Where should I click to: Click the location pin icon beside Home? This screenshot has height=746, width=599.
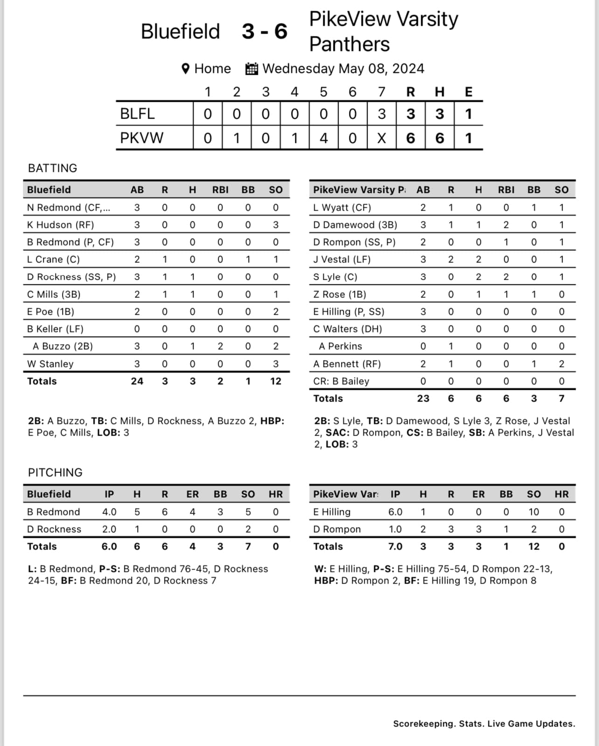pyautogui.click(x=185, y=69)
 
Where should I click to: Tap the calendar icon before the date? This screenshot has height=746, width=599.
pyautogui.click(x=251, y=69)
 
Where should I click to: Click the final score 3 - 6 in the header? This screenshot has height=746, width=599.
pyautogui.click(x=265, y=32)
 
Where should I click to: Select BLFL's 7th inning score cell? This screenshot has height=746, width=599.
pyautogui.click(x=382, y=114)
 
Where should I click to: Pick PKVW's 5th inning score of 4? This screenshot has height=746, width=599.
pyautogui.click(x=323, y=138)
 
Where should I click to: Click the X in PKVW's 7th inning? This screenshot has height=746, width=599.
pyautogui.click(x=382, y=138)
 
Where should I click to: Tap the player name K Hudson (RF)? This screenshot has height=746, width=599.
pyautogui.click(x=60, y=225)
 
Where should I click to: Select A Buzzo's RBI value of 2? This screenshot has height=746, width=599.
pyautogui.click(x=220, y=346)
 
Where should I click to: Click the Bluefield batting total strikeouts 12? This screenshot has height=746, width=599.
pyautogui.click(x=276, y=381)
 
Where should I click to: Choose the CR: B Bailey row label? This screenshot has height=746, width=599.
pyautogui.click(x=341, y=381)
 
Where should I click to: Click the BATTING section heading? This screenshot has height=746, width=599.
pyautogui.click(x=53, y=168)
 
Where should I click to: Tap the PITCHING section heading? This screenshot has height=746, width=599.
pyautogui.click(x=55, y=472)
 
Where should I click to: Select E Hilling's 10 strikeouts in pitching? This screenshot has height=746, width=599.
pyautogui.click(x=534, y=512)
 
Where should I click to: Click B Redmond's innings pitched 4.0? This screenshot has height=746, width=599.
pyautogui.click(x=109, y=512)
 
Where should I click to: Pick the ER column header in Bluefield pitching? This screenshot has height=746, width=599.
pyautogui.click(x=192, y=494)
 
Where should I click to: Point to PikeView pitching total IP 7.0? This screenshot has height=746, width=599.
pyautogui.click(x=395, y=547)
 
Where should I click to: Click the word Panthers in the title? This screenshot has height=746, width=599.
pyautogui.click(x=349, y=44)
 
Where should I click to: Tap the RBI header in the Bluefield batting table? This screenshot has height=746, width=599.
pyautogui.click(x=220, y=190)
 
